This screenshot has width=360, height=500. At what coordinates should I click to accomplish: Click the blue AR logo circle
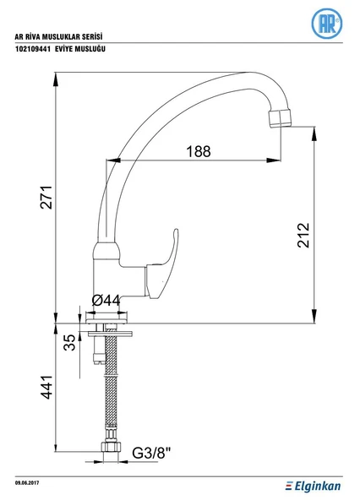(327, 24)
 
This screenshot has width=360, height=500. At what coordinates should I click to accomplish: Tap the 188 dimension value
(199, 151)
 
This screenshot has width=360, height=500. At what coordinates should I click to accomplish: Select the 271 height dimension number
(46, 197)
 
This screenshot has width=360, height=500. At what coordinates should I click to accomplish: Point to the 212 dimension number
(303, 236)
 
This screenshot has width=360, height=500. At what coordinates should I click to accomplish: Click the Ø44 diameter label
(106, 300)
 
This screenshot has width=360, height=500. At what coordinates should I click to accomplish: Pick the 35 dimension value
(70, 342)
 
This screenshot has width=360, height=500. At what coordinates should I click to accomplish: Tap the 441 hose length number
(46, 387)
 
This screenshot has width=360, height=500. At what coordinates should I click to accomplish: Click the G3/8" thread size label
(151, 453)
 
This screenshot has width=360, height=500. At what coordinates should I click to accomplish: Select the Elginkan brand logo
(313, 486)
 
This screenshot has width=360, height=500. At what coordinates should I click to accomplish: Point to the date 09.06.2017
(27, 483)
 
